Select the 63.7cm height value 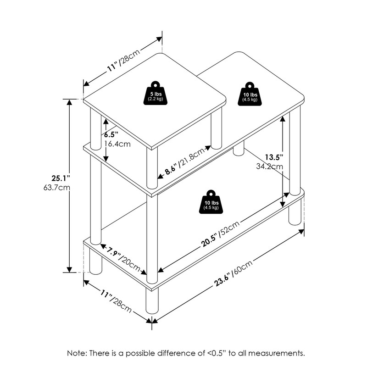click(x=60, y=188)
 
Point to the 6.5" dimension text click(x=111, y=134)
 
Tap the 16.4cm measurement click(x=117, y=144)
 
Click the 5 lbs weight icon click(x=157, y=95)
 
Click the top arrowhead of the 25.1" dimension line click(x=70, y=102)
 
